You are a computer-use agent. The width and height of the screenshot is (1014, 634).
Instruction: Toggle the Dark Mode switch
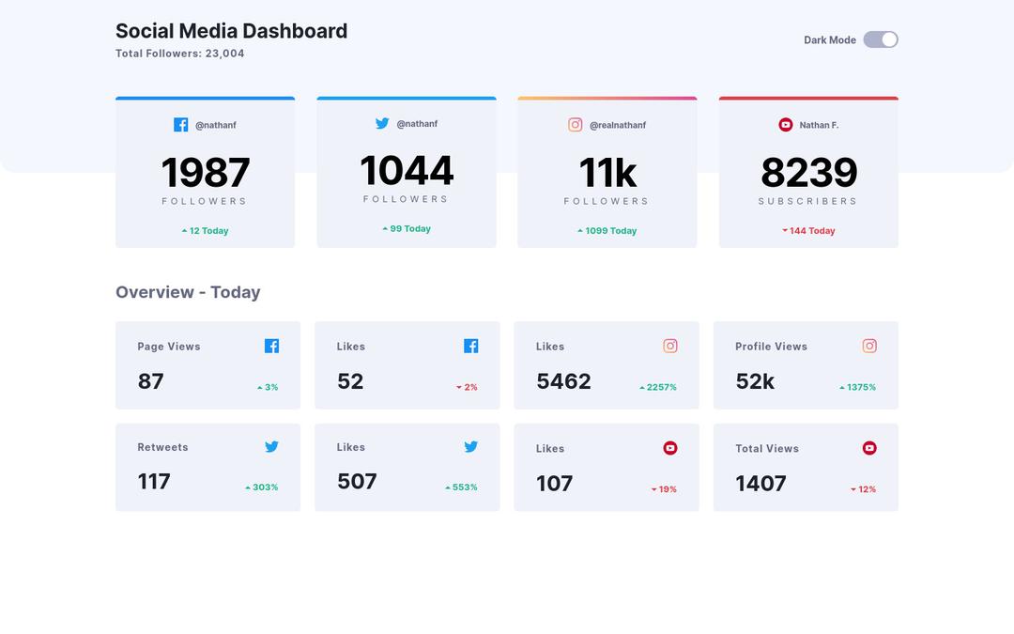[881, 39]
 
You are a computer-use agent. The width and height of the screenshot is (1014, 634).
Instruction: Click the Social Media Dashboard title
[231, 31]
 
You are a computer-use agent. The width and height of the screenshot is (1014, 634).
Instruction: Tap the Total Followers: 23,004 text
[179, 54]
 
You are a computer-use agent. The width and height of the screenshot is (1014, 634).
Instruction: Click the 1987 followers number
[205, 173]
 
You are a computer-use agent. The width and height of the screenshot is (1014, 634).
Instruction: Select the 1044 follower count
[407, 171]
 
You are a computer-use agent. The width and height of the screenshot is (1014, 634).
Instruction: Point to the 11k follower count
[607, 173]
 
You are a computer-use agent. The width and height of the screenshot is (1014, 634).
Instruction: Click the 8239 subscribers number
[808, 173]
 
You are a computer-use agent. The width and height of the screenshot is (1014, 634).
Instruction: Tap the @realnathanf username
[618, 125]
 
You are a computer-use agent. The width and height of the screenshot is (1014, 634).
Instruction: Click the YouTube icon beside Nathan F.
[786, 125]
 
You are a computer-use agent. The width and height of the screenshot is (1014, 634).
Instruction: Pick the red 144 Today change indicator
[808, 231]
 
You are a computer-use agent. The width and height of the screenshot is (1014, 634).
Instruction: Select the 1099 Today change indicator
[607, 231]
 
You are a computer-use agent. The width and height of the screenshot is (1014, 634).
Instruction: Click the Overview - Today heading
[188, 292]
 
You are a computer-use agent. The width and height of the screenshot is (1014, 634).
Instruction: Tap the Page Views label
[169, 347]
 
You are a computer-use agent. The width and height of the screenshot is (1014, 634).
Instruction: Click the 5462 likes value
[563, 381]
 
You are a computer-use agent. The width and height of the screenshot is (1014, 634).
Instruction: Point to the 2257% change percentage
[658, 387]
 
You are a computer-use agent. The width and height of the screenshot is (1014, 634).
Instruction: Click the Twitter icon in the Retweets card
[271, 447]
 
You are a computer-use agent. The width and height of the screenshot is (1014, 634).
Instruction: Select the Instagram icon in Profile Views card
[869, 346]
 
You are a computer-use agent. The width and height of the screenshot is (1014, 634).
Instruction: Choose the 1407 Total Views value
[760, 484]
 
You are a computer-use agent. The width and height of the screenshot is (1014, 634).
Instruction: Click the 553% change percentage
[461, 487]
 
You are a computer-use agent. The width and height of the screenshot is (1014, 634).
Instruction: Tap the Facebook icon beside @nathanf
[181, 125]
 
